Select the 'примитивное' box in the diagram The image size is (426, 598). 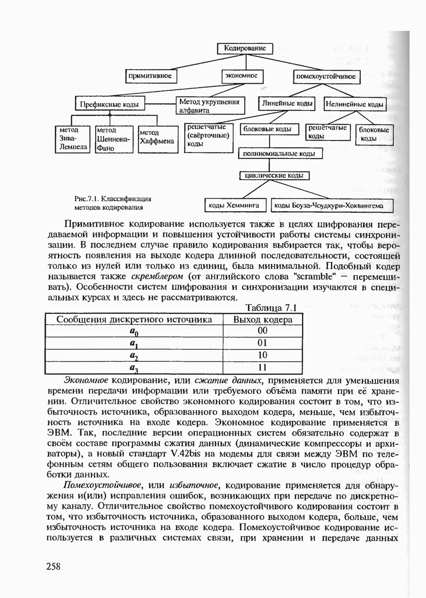(150, 76)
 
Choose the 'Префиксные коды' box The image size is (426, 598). (110, 105)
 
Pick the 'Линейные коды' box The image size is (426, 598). (286, 104)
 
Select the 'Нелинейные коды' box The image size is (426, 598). (354, 105)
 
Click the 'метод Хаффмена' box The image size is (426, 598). (157, 138)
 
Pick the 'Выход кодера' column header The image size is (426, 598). (263, 319)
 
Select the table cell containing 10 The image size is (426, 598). (263, 355)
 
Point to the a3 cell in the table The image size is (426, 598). (134, 368)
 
